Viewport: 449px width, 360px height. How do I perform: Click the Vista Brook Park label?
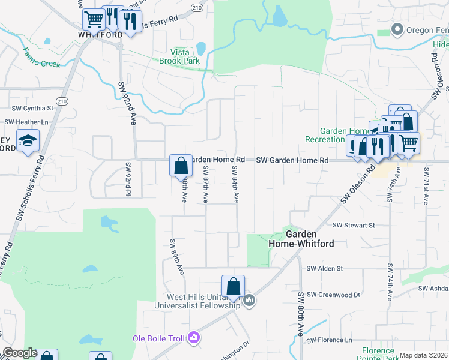(179, 56)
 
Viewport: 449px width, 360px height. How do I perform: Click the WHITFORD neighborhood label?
(100, 35)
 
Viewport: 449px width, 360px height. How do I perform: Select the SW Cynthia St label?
(33, 109)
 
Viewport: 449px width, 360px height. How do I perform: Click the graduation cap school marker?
(28, 142)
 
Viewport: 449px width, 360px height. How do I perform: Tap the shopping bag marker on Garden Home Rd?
(181, 165)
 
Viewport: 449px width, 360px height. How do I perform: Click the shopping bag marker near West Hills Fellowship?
(233, 286)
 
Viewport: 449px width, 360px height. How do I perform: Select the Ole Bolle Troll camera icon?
(193, 338)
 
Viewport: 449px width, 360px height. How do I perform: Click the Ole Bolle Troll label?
(158, 339)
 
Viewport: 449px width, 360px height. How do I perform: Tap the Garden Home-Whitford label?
(309, 239)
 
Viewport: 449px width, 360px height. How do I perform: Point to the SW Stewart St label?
(354, 225)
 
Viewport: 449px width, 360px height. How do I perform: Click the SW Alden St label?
(324, 269)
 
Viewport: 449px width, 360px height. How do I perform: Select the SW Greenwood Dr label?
(333, 295)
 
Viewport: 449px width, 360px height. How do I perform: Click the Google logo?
(20, 353)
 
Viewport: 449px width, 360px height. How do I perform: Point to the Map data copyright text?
(424, 355)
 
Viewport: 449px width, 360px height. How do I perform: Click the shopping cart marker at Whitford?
(93, 20)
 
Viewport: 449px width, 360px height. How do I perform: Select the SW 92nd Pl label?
(128, 178)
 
